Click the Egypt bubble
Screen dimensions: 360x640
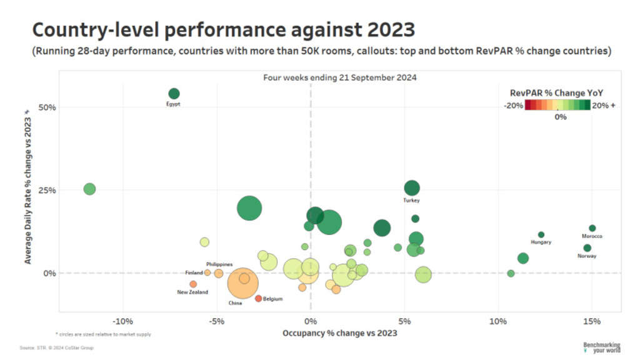(174, 94)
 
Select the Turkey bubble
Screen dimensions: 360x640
(412, 187)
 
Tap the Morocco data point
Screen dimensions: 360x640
(592, 228)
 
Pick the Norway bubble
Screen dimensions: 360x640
(587, 248)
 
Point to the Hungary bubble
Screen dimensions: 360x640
(541, 235)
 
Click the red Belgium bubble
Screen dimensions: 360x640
(258, 299)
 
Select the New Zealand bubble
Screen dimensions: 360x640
(193, 284)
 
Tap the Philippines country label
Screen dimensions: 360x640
(219, 265)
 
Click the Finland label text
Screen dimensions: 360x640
(194, 273)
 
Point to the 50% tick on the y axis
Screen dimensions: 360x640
(47, 107)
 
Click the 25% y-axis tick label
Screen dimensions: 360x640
(47, 190)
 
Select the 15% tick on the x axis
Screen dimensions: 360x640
(591, 321)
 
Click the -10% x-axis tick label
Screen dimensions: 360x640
(122, 321)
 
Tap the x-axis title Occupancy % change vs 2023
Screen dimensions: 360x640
(339, 333)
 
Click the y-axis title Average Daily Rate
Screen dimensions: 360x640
(27, 187)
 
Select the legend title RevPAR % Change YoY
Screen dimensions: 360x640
(556, 93)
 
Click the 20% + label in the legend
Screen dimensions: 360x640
(603, 106)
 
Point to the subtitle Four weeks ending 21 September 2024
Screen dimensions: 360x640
(339, 78)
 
